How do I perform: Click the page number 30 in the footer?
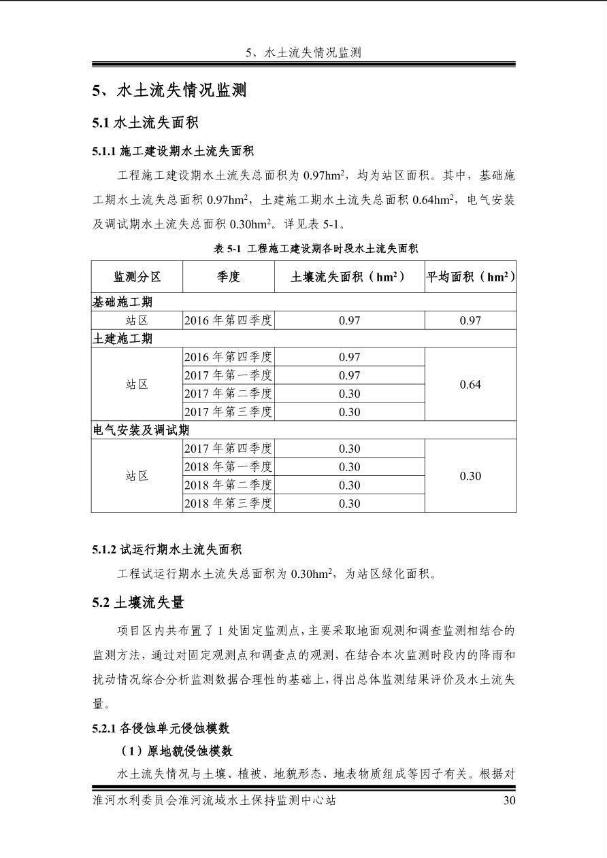tap(509, 800)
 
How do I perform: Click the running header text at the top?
tap(303, 52)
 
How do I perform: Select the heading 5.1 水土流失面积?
tap(145, 123)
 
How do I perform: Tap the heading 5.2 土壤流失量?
tap(138, 602)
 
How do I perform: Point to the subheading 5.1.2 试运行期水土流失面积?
tap(167, 549)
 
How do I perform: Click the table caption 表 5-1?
tap(316, 249)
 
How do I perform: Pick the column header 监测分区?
tap(137, 277)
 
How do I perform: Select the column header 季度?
tap(229, 277)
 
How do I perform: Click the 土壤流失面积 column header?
tap(349, 277)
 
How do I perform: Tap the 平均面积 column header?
tap(470, 277)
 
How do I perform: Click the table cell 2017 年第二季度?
tap(229, 394)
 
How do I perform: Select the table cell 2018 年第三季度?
tap(229, 503)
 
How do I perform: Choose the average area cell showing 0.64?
tap(470, 385)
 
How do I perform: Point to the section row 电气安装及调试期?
tap(141, 430)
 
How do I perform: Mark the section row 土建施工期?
tap(122, 339)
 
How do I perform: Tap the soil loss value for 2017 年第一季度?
tap(349, 375)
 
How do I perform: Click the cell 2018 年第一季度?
tap(229, 467)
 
